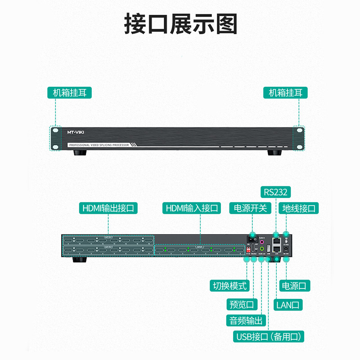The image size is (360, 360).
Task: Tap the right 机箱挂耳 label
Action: [288, 93]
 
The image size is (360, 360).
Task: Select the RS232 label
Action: [275, 192]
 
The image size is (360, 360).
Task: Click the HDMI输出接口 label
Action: [108, 208]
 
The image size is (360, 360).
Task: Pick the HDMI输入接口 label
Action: [192, 208]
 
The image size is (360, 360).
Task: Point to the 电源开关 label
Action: [251, 208]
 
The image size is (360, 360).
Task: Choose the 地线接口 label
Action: [300, 208]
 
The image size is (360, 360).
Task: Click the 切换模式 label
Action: [230, 285]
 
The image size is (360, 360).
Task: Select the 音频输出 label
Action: [246, 320]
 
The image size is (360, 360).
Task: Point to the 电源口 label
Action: [295, 285]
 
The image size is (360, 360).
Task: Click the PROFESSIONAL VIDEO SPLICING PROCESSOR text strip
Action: [99, 145]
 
